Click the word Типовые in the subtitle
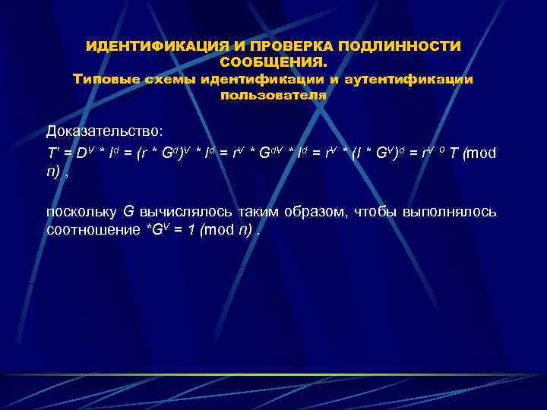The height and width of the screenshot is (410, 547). pos(101,78)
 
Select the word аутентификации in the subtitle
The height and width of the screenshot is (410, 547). pos(409,78)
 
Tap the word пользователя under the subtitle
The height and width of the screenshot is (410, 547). pos(273,95)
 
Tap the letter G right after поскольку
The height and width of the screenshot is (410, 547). pos(128,211)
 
